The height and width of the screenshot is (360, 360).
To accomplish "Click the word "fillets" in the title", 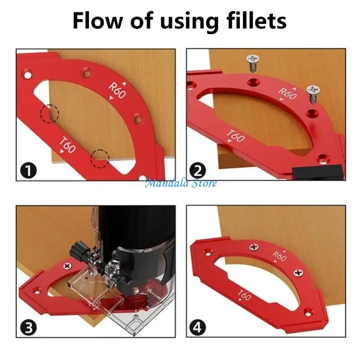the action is click(256, 20).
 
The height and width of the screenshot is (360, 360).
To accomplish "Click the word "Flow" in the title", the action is click(97, 20).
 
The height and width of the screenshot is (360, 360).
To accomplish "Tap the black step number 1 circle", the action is click(28, 171).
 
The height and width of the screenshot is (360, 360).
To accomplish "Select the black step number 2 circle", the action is click(198, 171).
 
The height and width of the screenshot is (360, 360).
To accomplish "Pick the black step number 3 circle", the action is click(28, 328).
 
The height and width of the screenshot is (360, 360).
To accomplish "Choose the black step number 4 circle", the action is click(198, 328).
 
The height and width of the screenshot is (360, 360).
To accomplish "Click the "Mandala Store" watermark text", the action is click(181, 183).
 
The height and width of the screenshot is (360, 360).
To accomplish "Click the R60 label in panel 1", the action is click(117, 90).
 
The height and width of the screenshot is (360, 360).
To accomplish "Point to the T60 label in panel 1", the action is click(67, 144).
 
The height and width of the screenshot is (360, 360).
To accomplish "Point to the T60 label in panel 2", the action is click(235, 136).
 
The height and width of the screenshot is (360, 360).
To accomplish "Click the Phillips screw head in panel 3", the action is click(67, 266).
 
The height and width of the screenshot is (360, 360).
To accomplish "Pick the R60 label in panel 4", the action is click(279, 256).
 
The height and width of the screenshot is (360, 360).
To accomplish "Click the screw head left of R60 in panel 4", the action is click(254, 247).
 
